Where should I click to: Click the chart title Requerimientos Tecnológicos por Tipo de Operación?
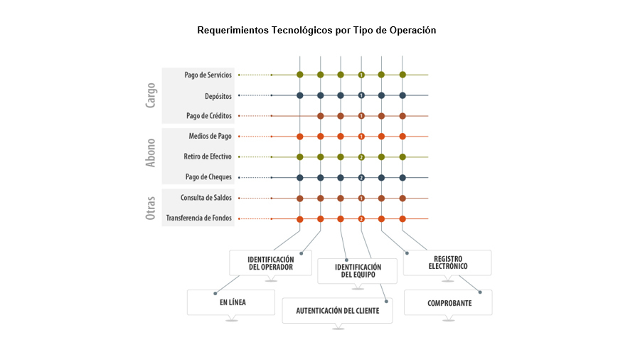316,30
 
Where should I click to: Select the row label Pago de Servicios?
208,75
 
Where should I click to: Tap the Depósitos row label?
218,96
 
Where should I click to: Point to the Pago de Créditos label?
208,116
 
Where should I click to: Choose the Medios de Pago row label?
210,136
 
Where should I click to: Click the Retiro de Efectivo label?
208,157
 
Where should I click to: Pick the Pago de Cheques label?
208,176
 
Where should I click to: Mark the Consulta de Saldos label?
206,198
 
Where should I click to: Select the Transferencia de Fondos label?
198,218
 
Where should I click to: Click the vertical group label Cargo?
151,95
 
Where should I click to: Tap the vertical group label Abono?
151,153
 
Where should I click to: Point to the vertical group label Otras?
151,208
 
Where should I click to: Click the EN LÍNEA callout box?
231,302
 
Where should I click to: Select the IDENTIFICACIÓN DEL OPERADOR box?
271,263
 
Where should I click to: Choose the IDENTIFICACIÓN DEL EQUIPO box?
358,271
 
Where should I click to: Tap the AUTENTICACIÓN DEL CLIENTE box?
338,311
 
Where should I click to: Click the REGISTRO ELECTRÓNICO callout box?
447,263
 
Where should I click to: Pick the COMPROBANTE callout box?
448,302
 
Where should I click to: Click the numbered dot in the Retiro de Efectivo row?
361,157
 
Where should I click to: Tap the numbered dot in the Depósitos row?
361,95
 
